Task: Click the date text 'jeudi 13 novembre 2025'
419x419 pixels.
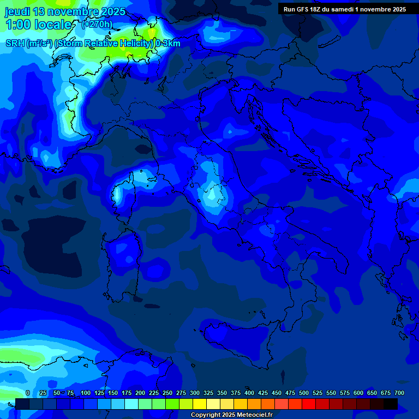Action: click(x=65, y=11)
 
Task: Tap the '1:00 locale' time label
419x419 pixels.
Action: click(x=39, y=25)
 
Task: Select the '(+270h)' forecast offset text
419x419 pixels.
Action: click(x=97, y=24)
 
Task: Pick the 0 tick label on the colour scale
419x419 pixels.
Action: click(x=28, y=393)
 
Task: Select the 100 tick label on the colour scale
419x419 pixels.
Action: click(x=86, y=393)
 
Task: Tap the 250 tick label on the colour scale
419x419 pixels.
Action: click(x=167, y=393)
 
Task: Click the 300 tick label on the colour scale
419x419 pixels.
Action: click(x=195, y=393)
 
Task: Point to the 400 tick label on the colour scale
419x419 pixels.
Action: click(x=249, y=393)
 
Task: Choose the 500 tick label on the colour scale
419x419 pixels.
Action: click(x=304, y=393)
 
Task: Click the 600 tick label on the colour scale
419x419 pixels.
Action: click(x=358, y=393)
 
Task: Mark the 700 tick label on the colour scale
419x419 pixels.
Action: click(x=399, y=393)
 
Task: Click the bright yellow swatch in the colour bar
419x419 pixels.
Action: click(x=200, y=404)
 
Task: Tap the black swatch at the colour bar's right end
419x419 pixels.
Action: click(x=391, y=404)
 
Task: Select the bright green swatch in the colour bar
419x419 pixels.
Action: click(x=172, y=404)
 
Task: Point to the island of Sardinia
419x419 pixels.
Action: click(x=122, y=256)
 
